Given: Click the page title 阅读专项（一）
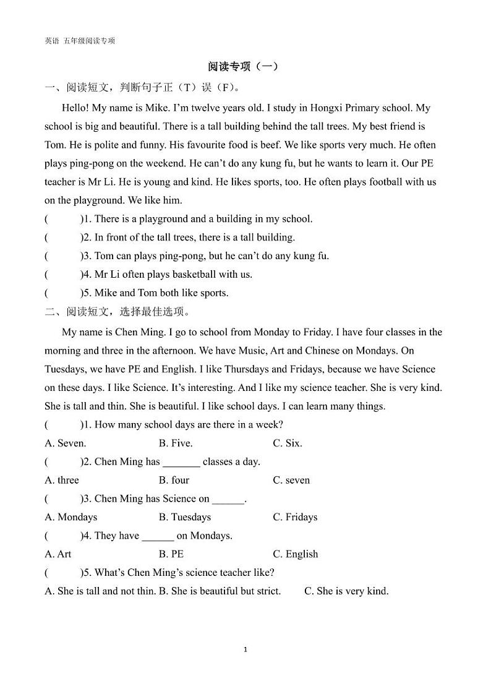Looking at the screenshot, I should (244, 66).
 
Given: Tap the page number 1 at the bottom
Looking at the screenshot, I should (246, 649).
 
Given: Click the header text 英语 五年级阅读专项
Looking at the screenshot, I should (80, 41).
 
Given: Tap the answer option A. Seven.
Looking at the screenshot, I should (66, 443).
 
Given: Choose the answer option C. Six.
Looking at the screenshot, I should (288, 443).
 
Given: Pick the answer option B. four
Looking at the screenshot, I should (174, 480).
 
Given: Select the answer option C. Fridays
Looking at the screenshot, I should (295, 517).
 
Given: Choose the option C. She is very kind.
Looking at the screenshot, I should (346, 591).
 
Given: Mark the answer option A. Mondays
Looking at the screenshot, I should (71, 517).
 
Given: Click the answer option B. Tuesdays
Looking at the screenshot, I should (185, 517).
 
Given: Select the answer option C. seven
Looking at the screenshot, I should (291, 480).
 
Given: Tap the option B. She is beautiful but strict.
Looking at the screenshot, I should (220, 591).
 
